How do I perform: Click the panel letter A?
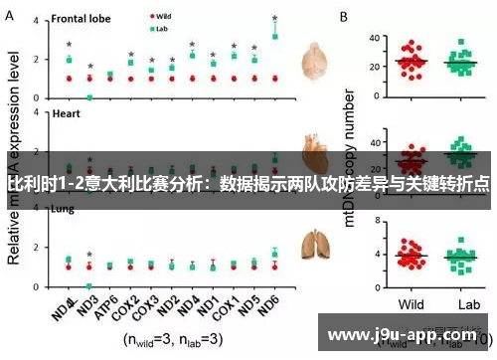point(11,17)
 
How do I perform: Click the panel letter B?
point(344,17)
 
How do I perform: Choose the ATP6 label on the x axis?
point(106,301)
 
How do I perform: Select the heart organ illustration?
point(317,149)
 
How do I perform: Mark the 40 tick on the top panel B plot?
point(375,39)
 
